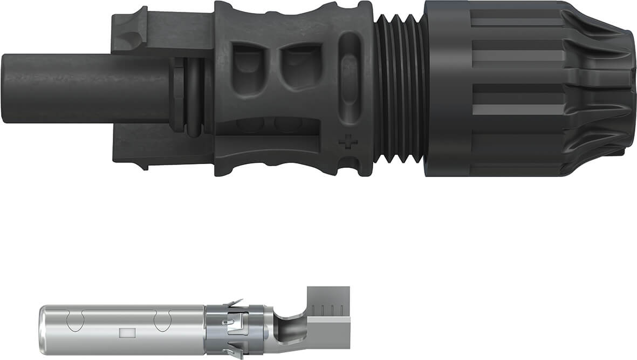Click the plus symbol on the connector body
tap(348, 144)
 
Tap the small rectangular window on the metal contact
tap(126, 333)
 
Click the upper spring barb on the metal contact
tap(235, 304)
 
